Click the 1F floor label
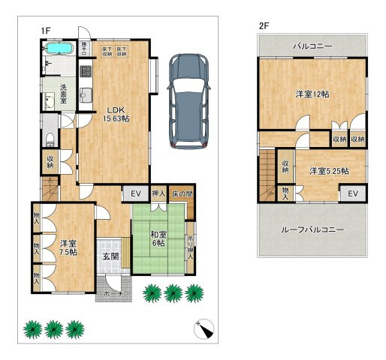pyautogui.click(x=46, y=30)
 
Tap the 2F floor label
pyautogui.click(x=264, y=25)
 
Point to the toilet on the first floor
pyautogui.click(x=50, y=137)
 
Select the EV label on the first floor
pyautogui.click(x=136, y=193)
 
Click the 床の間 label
pyautogui.click(x=182, y=194)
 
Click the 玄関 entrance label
pyautogui.click(x=110, y=257)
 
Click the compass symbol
pyautogui.click(x=204, y=328)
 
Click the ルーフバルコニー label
pyautogui.click(x=312, y=230)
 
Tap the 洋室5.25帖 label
pyautogui.click(x=329, y=171)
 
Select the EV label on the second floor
pyautogui.click(x=352, y=193)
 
